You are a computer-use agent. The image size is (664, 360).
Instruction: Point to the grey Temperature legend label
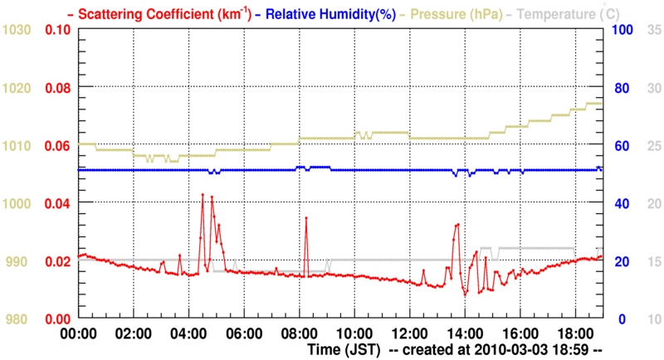pos(573,13)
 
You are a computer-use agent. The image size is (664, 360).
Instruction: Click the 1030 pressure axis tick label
pos(18,30)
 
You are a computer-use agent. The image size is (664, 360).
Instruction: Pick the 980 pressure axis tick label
pos(18,319)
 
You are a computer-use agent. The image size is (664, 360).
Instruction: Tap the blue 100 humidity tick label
pos(623,30)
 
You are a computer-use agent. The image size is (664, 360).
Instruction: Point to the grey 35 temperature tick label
pos(653,30)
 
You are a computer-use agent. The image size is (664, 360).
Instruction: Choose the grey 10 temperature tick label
pos(653,319)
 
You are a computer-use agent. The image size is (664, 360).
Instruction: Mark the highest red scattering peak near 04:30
pos(203,195)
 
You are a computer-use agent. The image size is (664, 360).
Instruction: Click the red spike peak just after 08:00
pos(306,218)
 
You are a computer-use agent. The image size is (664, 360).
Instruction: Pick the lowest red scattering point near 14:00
pos(466,293)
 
